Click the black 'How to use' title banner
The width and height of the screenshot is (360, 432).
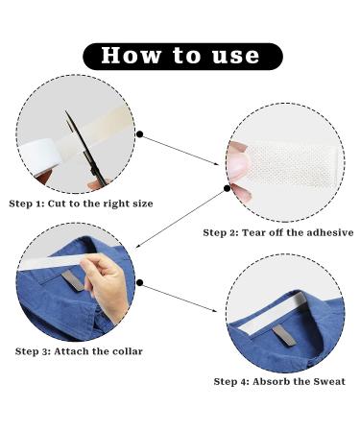pos(182,57)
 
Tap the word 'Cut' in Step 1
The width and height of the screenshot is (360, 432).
pos(57,204)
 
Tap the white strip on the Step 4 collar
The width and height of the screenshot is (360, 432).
pos(273,314)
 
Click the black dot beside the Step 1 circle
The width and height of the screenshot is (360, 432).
pos(140,134)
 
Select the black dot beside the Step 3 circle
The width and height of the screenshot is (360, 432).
pos(140,282)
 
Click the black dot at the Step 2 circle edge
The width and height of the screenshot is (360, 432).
pos(227,188)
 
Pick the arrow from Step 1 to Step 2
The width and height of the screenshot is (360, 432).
pos(180,150)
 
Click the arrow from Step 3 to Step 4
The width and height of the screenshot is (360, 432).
pos(179,297)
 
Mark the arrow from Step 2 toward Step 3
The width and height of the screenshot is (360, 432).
pos(181,218)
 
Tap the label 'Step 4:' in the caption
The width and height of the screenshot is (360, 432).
pos(231,381)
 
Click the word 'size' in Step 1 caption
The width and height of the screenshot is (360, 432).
pos(143,204)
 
